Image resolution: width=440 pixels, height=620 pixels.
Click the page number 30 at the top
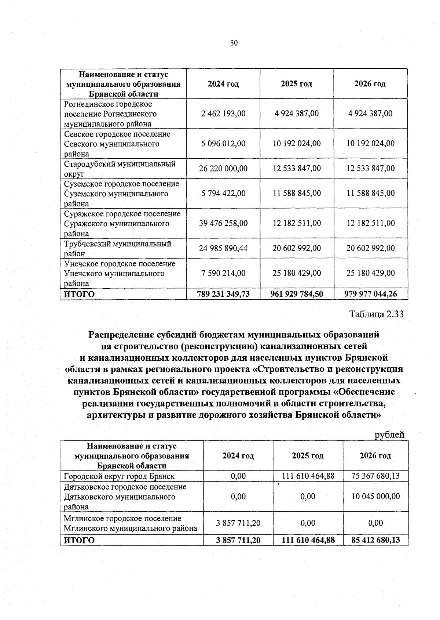coord(234,43)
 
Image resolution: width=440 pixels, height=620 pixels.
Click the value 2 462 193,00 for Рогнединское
coord(223,113)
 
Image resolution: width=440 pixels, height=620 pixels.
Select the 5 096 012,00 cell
coord(223,143)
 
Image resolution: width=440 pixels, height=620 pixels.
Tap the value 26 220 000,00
coord(223,169)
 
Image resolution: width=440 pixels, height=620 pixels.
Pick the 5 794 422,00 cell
coord(223,193)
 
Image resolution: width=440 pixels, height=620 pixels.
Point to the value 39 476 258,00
coord(223,223)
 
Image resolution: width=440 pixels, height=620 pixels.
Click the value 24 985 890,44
coord(223,248)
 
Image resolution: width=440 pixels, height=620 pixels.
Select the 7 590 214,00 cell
coord(223,273)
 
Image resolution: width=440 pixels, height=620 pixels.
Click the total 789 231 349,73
coord(223,294)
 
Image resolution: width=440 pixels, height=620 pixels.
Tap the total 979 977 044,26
coord(371,294)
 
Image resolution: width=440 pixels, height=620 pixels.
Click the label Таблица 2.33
coord(377,314)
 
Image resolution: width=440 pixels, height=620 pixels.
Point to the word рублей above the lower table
coord(389,435)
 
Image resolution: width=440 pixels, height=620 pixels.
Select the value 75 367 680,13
coord(375,476)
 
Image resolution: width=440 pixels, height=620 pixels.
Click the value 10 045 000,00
coord(375,497)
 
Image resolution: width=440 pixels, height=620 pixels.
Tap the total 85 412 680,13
coord(375,540)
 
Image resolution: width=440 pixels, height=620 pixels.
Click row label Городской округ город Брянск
coord(119,476)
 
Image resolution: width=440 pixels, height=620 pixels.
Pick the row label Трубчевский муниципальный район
coord(118,248)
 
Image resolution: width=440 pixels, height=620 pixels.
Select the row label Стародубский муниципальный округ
coord(120,169)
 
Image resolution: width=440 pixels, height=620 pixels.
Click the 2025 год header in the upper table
coord(296,84)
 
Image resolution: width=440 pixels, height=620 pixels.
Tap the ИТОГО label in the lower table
coord(79,540)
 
